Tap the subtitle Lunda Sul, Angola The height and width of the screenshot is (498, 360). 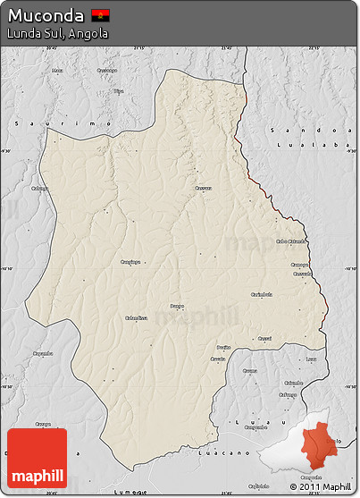pyautogui.click(x=57, y=34)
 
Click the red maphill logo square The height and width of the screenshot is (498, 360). pyautogui.click(x=37, y=458)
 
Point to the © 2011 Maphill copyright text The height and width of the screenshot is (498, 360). pyautogui.click(x=320, y=487)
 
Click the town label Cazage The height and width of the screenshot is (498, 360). pyautogui.click(x=264, y=339)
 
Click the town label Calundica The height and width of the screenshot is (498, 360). pyautogui.click(x=136, y=316)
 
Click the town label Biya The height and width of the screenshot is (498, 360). pyautogui.click(x=118, y=90)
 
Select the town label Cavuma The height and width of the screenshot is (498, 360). pyautogui.click(x=249, y=370)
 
